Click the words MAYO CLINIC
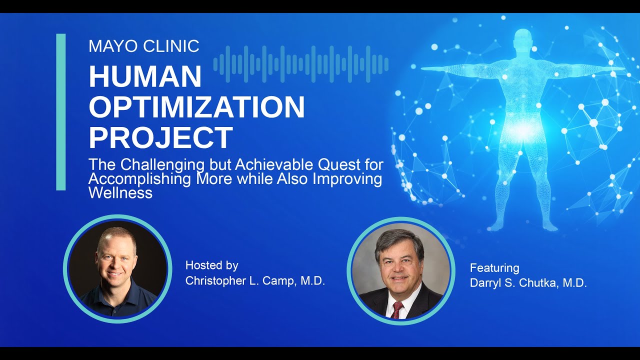coord(144,46)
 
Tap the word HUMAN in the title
coord(145,76)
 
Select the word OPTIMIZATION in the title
coord(196,106)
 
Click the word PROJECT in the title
coord(160,137)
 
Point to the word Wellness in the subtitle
coord(120,192)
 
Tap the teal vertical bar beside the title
coord(61,112)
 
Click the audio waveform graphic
coord(301,64)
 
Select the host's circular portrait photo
coord(118,268)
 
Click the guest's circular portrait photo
coord(401,270)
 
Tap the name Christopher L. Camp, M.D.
coord(255,281)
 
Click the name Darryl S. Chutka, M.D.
coord(528,283)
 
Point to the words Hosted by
coord(211,265)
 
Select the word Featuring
coord(494,268)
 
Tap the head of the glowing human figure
coord(523,39)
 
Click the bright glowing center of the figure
coord(523,130)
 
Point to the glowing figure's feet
coord(523,226)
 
